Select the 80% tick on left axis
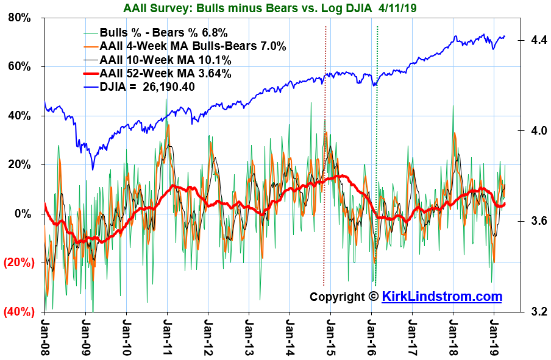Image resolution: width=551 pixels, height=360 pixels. [x=20, y=18]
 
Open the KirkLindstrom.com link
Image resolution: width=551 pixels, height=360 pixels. [x=442, y=297]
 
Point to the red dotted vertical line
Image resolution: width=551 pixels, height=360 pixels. [x=324, y=152]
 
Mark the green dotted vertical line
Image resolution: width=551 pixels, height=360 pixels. [x=377, y=152]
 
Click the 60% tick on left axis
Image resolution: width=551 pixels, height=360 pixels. [x=20, y=66]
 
